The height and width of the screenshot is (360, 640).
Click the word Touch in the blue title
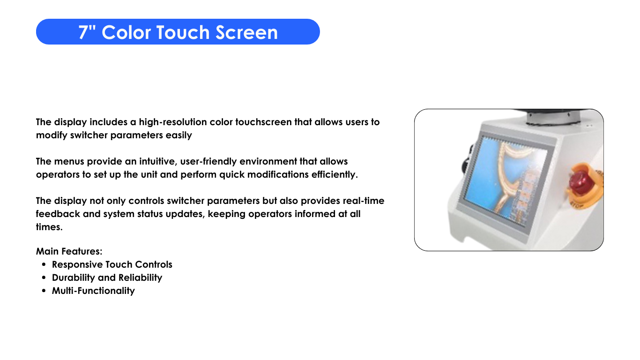pyautogui.click(x=183, y=32)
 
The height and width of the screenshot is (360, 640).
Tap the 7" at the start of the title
pyautogui.click(x=87, y=32)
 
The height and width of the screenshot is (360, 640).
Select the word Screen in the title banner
pyautogui.click(x=246, y=32)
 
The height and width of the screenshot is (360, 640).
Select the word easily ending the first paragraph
pyautogui.click(x=179, y=135)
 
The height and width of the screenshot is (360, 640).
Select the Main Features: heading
pyautogui.click(x=69, y=251)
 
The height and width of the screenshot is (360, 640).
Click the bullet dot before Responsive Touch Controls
pyautogui.click(x=44, y=265)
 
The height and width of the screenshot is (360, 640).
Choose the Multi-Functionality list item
pyautogui.click(x=93, y=291)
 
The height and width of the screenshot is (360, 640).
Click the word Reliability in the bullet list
pyautogui.click(x=140, y=277)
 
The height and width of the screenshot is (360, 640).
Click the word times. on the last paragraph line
pyautogui.click(x=49, y=227)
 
